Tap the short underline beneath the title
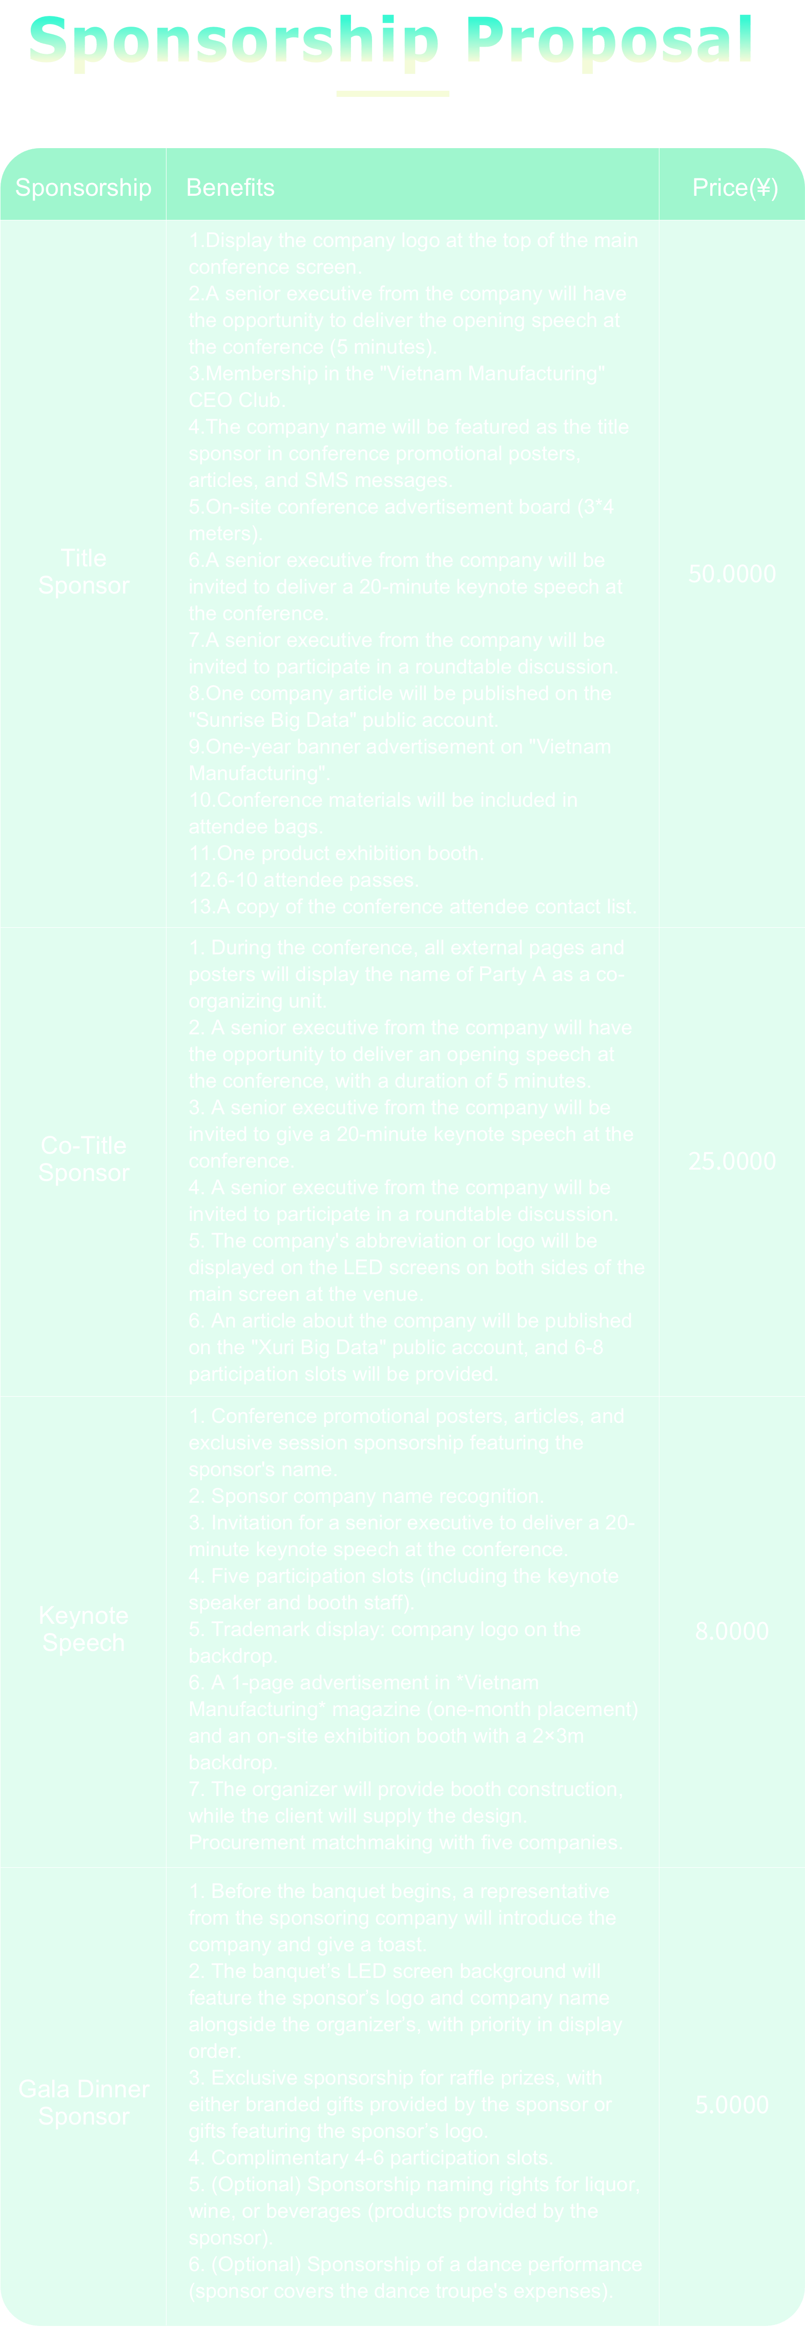coord(392,93)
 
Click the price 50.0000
coord(732,574)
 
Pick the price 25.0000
coord(732,1161)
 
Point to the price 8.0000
coord(732,1631)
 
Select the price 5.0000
coord(732,2105)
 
